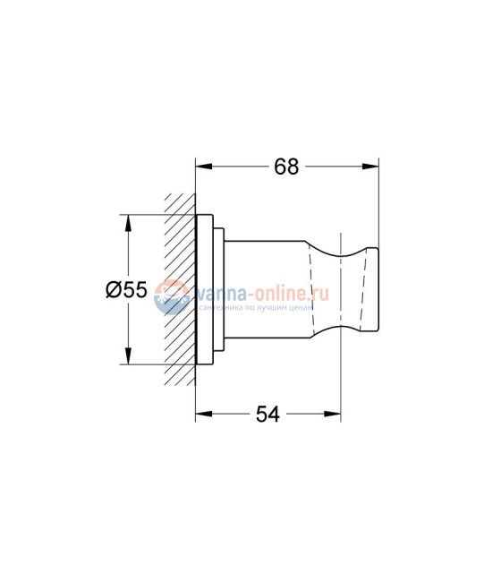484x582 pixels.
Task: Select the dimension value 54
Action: (x=268, y=414)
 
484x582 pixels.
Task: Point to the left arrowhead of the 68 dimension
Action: (x=202, y=167)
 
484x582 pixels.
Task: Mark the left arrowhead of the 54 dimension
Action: (x=202, y=414)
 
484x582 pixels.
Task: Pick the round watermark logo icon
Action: (x=169, y=296)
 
